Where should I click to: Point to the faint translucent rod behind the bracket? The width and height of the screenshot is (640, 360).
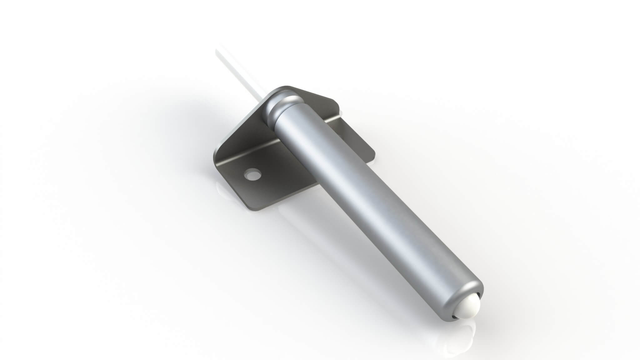pyautogui.click(x=237, y=75)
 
